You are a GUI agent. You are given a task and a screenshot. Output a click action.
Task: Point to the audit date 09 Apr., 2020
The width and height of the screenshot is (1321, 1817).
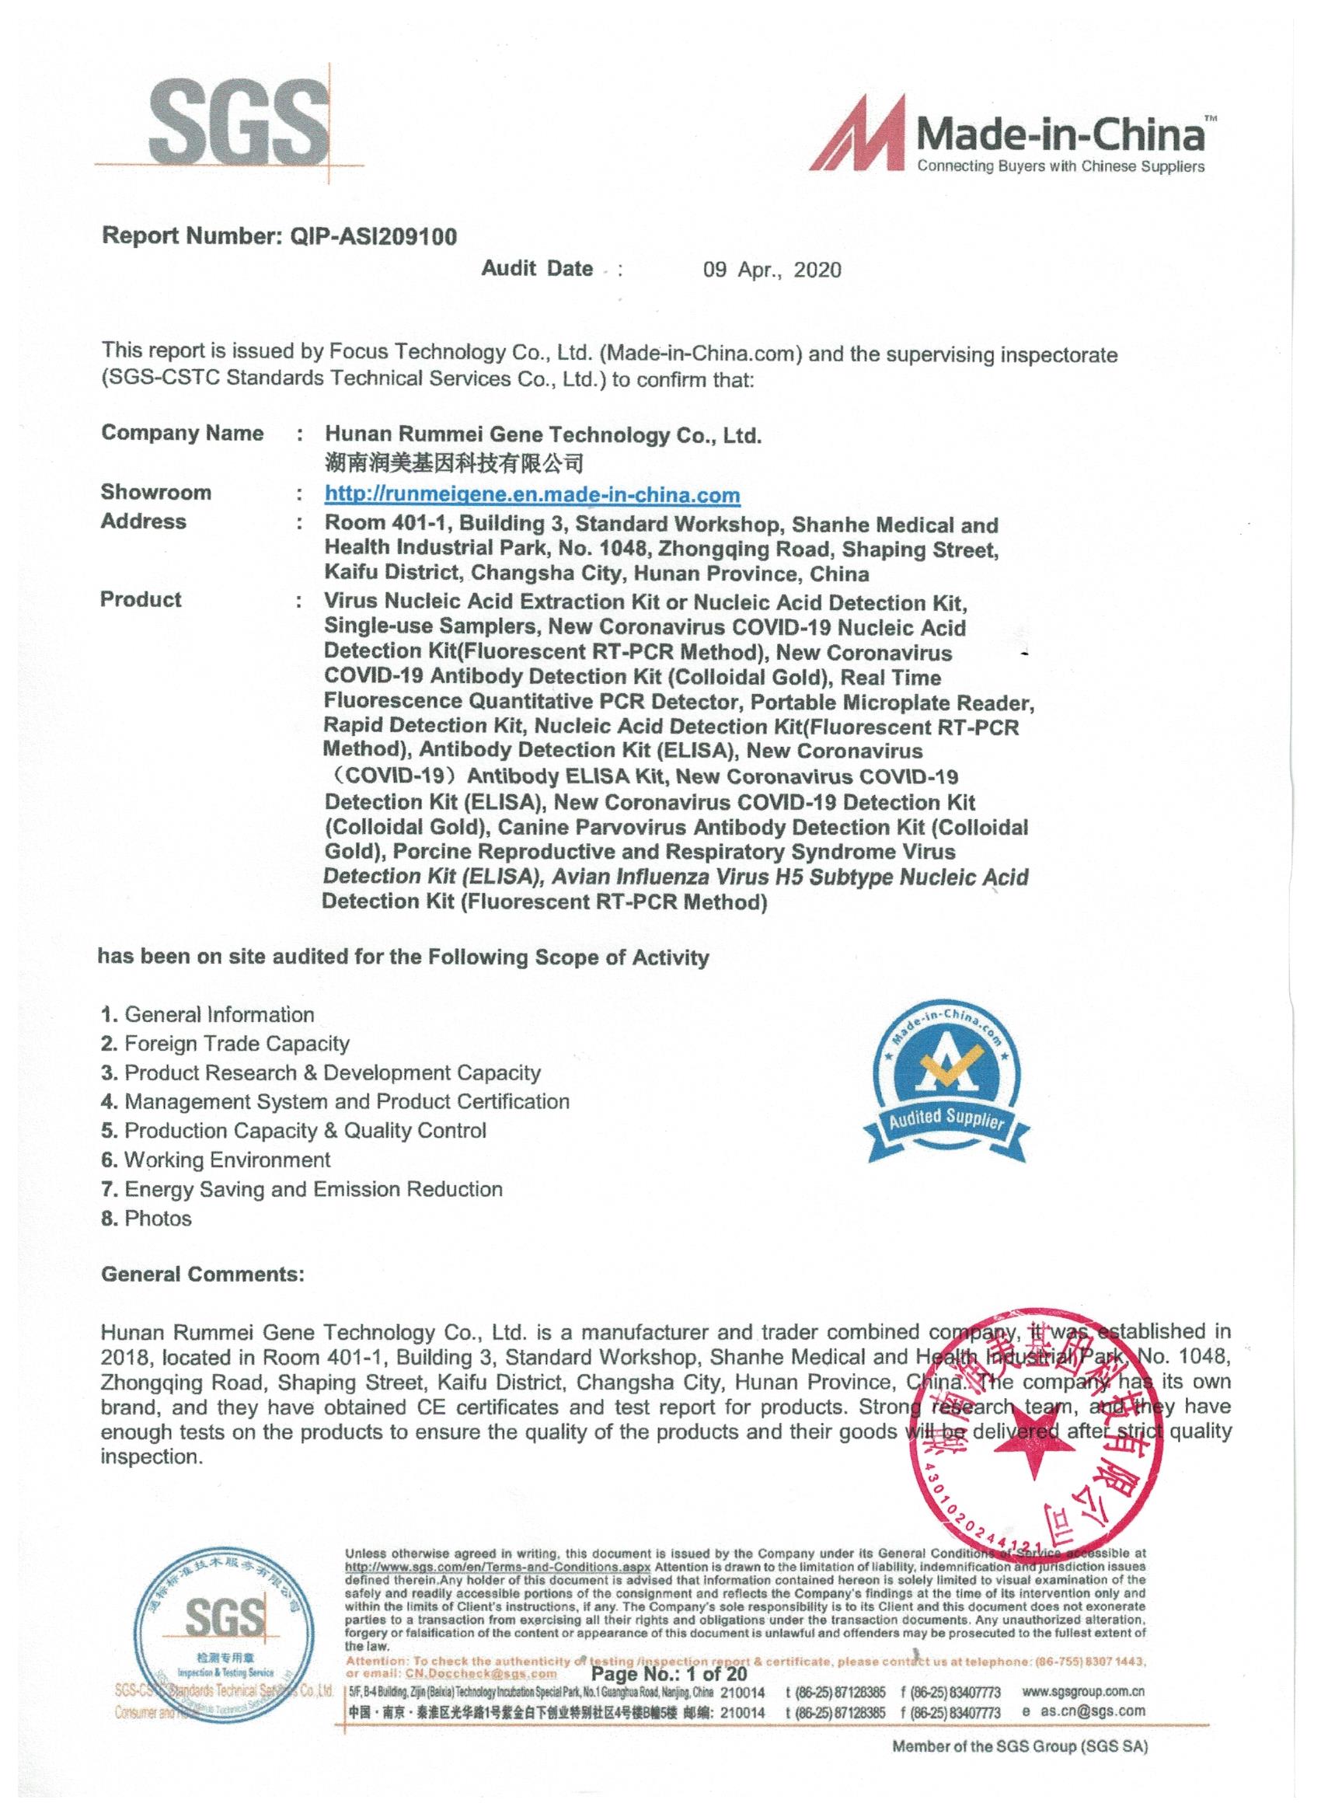(772, 270)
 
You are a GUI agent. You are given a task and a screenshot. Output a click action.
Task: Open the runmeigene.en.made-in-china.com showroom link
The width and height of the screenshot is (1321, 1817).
(532, 495)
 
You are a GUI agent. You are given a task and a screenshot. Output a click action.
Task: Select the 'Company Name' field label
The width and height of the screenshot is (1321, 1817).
(182, 434)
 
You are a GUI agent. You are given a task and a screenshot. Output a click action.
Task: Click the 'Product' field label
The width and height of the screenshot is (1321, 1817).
(141, 599)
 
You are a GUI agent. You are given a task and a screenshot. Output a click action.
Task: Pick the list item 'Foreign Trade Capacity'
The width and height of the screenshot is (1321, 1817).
(236, 1043)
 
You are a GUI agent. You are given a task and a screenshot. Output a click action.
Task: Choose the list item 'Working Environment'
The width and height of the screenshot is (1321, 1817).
(227, 1160)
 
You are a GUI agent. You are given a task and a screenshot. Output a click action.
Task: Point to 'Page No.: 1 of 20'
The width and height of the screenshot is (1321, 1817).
(668, 1673)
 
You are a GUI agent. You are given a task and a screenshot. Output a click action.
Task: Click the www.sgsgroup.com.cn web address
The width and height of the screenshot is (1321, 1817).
(1083, 1691)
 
